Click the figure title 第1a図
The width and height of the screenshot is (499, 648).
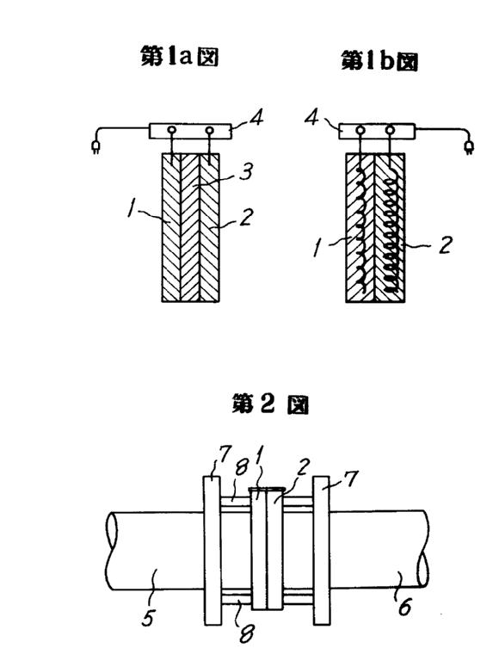(x=179, y=57)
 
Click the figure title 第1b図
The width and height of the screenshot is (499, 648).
(x=379, y=61)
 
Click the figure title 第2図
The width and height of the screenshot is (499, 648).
(x=270, y=404)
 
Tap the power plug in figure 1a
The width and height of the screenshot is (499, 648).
(x=95, y=147)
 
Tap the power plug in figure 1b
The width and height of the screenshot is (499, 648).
(x=469, y=147)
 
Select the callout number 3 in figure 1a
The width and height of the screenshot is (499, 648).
(x=246, y=171)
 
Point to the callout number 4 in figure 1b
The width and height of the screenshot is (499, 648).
(x=311, y=118)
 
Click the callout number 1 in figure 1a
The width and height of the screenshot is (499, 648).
(x=131, y=208)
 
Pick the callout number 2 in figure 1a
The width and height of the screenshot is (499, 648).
(x=246, y=217)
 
